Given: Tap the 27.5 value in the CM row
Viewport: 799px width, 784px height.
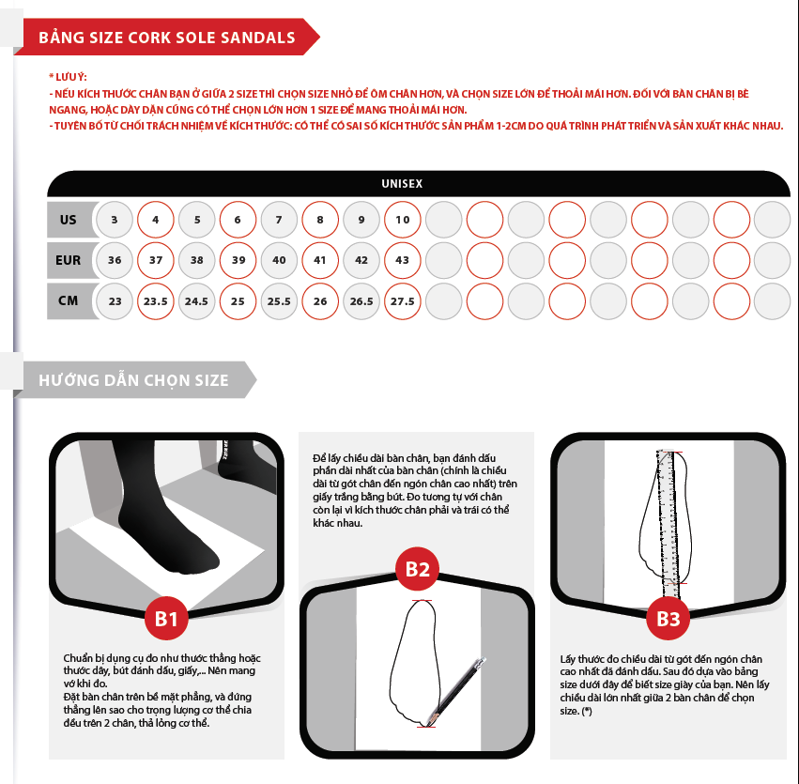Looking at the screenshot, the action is (x=403, y=301).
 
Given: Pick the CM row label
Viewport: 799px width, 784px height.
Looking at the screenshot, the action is (x=69, y=300).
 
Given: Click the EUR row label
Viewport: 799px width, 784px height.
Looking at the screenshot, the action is (x=69, y=260).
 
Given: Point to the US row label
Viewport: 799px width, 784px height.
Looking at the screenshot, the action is (x=69, y=220).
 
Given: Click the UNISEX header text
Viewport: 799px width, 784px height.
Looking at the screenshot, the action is (x=402, y=183).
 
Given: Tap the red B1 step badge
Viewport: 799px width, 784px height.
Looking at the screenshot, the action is (x=166, y=619).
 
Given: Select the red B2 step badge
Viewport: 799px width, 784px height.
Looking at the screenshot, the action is (x=417, y=569).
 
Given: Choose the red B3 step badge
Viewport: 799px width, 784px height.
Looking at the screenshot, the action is (x=668, y=619).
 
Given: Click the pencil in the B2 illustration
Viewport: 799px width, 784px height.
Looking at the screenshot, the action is (x=457, y=691).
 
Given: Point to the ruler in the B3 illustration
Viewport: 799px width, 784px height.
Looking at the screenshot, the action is (x=668, y=525).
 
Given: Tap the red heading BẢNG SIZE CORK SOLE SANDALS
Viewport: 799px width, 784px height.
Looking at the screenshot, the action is (x=166, y=38).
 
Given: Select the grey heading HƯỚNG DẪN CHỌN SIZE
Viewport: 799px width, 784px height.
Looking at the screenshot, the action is (x=134, y=380).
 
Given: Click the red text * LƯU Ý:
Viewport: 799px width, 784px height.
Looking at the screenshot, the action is (x=68, y=77).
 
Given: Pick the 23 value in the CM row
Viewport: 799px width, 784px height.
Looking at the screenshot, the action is (x=115, y=301).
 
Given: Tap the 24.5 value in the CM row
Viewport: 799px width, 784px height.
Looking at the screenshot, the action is (x=196, y=301).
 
